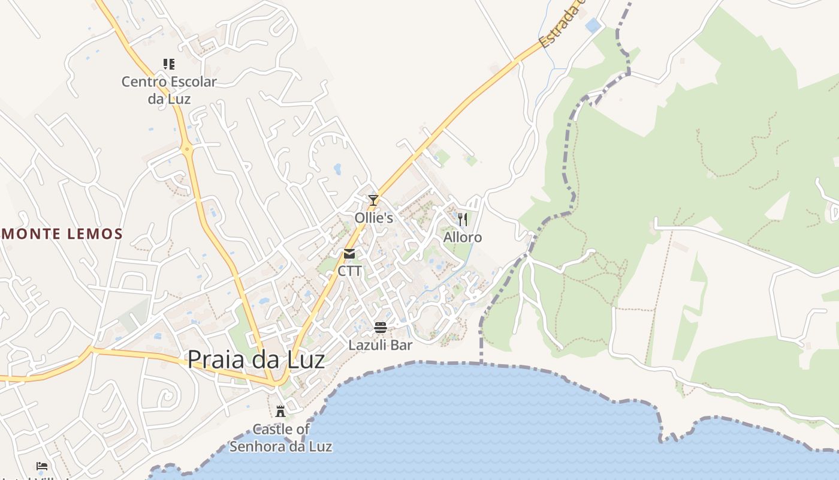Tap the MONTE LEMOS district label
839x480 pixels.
pyautogui.click(x=62, y=234)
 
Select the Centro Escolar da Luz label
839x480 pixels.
pyautogui.click(x=169, y=90)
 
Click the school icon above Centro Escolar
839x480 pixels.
pyautogui.click(x=169, y=64)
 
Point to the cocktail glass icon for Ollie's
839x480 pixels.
pyautogui.click(x=373, y=200)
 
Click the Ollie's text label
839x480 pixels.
pyautogui.click(x=374, y=218)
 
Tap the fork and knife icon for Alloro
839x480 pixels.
pyautogui.click(x=462, y=220)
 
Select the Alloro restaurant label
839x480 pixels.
pyautogui.click(x=463, y=238)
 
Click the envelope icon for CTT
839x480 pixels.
pyautogui.click(x=349, y=254)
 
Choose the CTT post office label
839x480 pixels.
pyautogui.click(x=349, y=271)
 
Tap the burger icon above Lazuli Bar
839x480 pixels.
pyautogui.click(x=381, y=328)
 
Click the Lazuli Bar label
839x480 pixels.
pyautogui.click(x=381, y=346)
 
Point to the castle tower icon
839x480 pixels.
pyautogui.click(x=280, y=412)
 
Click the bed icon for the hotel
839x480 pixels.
pyautogui.click(x=41, y=466)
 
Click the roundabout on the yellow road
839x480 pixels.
pyautogui.click(x=188, y=148)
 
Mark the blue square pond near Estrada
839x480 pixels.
pyautogui.click(x=593, y=25)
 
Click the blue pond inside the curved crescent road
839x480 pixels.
pyautogui.click(x=337, y=169)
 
